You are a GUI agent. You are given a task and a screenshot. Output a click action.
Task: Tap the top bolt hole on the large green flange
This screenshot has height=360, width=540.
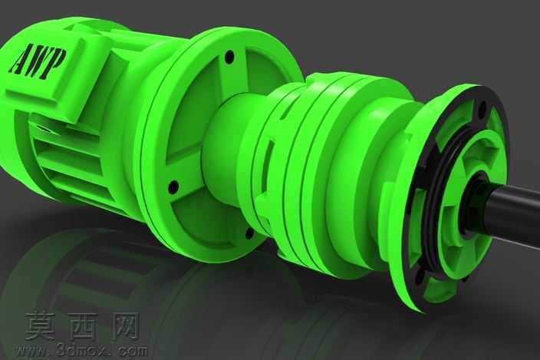[229, 56]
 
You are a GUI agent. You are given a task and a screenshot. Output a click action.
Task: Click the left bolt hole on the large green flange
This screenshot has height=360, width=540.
[173, 187]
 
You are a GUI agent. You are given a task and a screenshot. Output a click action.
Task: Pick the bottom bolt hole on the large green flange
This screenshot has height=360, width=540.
[249, 233]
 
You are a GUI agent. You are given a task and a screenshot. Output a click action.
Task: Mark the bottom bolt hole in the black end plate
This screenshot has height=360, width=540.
[420, 275]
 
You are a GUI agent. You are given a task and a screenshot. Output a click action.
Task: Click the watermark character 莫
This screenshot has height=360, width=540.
[40, 325]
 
